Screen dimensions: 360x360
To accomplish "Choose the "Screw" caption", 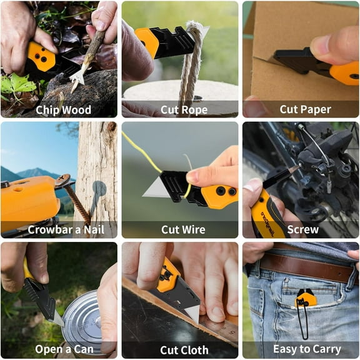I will point(302,229).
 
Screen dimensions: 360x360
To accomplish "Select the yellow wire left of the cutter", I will point(144,154).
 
